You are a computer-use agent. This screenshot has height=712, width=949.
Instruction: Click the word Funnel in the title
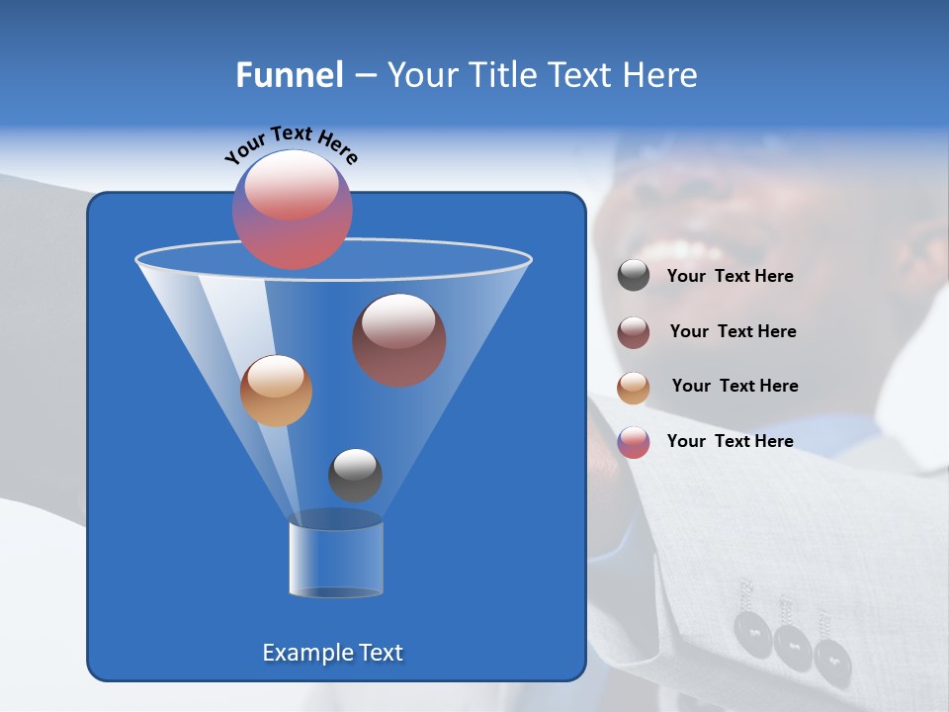point(290,75)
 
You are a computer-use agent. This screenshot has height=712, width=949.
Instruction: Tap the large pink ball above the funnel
point(292,209)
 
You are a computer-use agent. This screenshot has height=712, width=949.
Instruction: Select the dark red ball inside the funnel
point(398,339)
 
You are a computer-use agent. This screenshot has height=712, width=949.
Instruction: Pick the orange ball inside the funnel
point(276,391)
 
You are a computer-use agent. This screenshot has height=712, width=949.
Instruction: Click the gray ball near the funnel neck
point(355,475)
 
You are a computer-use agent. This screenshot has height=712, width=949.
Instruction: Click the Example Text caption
point(332,653)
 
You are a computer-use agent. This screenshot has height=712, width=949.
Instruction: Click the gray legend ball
point(634,275)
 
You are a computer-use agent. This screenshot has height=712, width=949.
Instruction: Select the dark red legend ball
point(634,332)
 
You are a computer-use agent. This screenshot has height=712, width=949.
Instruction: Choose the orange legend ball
point(634,388)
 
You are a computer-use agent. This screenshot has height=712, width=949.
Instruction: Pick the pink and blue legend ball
point(634,442)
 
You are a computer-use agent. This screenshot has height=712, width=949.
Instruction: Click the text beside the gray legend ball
point(730,277)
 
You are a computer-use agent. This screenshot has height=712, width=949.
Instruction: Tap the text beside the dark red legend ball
point(733,332)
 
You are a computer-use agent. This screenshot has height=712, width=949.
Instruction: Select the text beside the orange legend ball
point(734,387)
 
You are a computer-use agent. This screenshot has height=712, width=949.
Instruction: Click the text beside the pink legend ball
point(730,442)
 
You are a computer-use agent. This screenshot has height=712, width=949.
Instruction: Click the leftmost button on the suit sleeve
point(753,630)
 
